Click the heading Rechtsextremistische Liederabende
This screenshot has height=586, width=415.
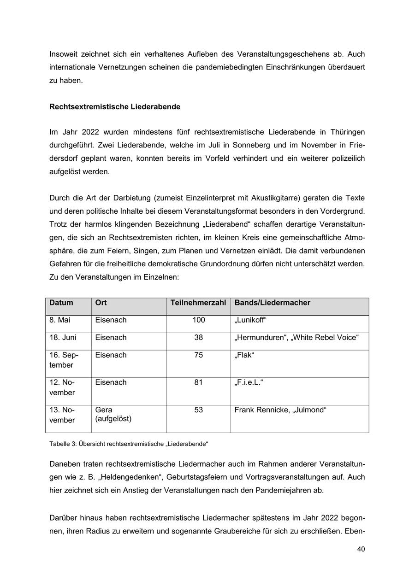pos(115,107)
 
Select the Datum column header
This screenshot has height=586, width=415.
pos(61,303)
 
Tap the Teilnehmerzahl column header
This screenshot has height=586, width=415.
pos(198,303)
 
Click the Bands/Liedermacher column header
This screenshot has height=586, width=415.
pos(272,303)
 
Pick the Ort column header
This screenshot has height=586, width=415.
pos(101,303)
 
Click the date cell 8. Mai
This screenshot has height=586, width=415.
pos(60,320)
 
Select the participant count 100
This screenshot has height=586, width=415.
pos(198,320)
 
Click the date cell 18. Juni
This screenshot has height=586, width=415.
pos(63,338)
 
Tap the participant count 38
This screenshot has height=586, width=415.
pos(198,338)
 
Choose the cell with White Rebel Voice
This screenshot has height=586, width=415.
pos(296,338)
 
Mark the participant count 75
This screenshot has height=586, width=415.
pos(198,355)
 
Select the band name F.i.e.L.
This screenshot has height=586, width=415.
pos(249,382)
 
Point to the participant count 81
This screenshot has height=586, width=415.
pos(198,382)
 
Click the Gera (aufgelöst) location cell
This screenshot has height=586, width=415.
pos(113,415)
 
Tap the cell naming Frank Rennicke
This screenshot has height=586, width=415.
pos(280,410)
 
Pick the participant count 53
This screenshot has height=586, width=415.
pos(198,410)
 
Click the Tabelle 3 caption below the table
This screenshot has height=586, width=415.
pos(129,444)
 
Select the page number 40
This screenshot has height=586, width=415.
pos(361,549)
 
